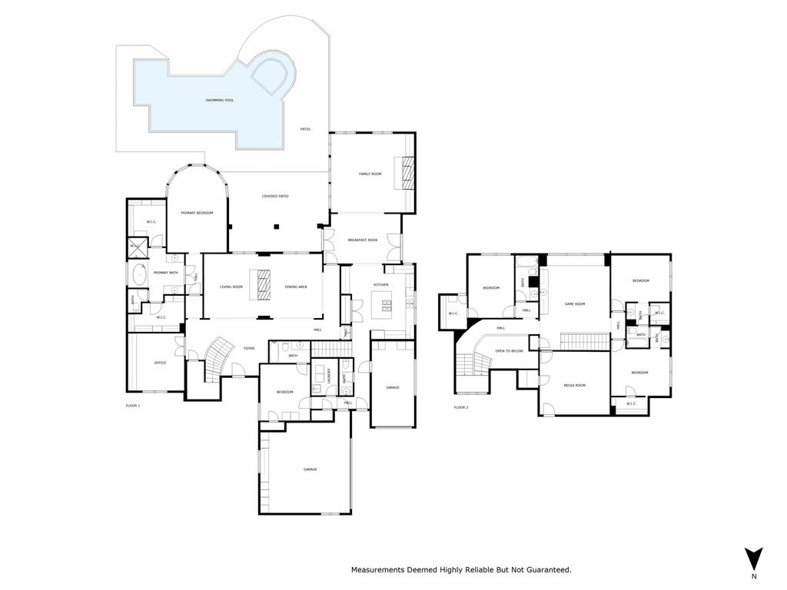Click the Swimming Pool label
click(x=220, y=101)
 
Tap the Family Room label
click(x=370, y=174)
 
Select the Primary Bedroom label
click(x=197, y=213)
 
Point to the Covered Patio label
click(x=275, y=197)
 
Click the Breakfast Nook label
click(x=363, y=240)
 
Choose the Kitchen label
click(x=381, y=285)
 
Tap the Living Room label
click(x=231, y=287)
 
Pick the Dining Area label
click(x=296, y=287)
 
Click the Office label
click(x=160, y=363)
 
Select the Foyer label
click(x=249, y=349)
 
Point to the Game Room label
click(x=575, y=304)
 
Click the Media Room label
click(x=575, y=385)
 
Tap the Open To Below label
click(x=509, y=351)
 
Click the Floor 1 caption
click(x=133, y=405)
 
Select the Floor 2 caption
click(x=461, y=407)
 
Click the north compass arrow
click(x=754, y=559)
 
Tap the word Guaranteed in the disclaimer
click(x=547, y=570)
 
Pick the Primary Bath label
click(x=166, y=273)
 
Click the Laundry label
click(x=328, y=376)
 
